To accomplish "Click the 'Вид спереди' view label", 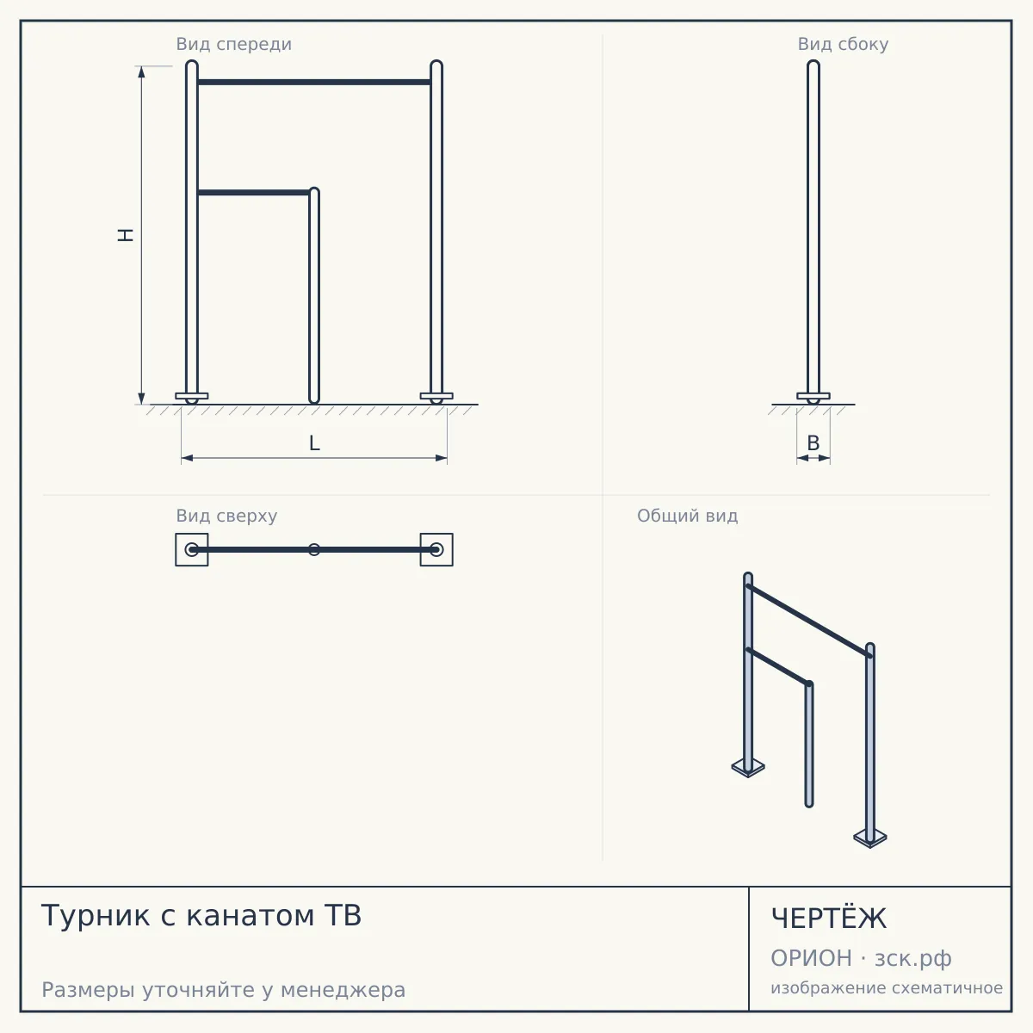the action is pos(234,45).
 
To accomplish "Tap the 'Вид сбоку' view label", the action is pos(843,44).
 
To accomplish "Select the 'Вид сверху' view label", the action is pos(226,516).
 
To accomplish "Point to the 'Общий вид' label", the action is pos(687,516).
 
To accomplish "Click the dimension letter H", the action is pos(126,235).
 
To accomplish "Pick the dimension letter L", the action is pos(314,443).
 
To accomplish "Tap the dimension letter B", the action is pos(813,443).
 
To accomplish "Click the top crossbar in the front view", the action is pos(314,82).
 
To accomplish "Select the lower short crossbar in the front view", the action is pos(254,193).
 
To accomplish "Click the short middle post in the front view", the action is pos(314,295).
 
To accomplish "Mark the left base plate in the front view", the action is pos(192,396).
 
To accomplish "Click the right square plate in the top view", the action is pos(436,549).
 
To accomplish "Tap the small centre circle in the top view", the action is pos(314,549).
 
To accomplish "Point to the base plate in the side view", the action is pos(813,396).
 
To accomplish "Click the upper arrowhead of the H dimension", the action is pos(141,71).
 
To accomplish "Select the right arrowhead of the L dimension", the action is pos(442,458).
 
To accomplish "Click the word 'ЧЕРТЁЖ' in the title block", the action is pos(829,919).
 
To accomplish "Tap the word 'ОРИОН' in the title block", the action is pos(811,958).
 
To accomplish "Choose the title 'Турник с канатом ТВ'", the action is pos(201,915).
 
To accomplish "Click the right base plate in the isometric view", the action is pos(869,838).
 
